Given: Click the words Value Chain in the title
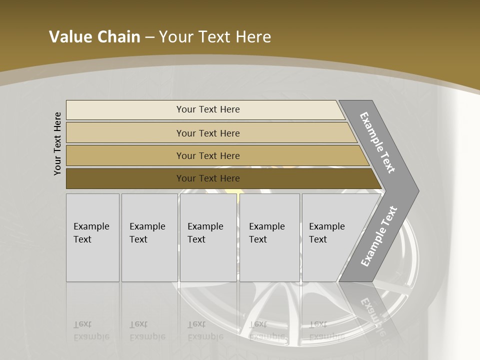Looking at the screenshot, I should point(94,37).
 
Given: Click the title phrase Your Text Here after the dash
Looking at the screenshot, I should point(215,37).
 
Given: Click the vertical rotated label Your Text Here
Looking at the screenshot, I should point(57,143).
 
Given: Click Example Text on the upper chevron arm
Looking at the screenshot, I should point(377,142).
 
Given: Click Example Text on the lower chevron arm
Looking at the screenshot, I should point(378,236).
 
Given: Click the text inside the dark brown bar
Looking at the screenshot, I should point(208,178).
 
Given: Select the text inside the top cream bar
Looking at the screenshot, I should point(208,109).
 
